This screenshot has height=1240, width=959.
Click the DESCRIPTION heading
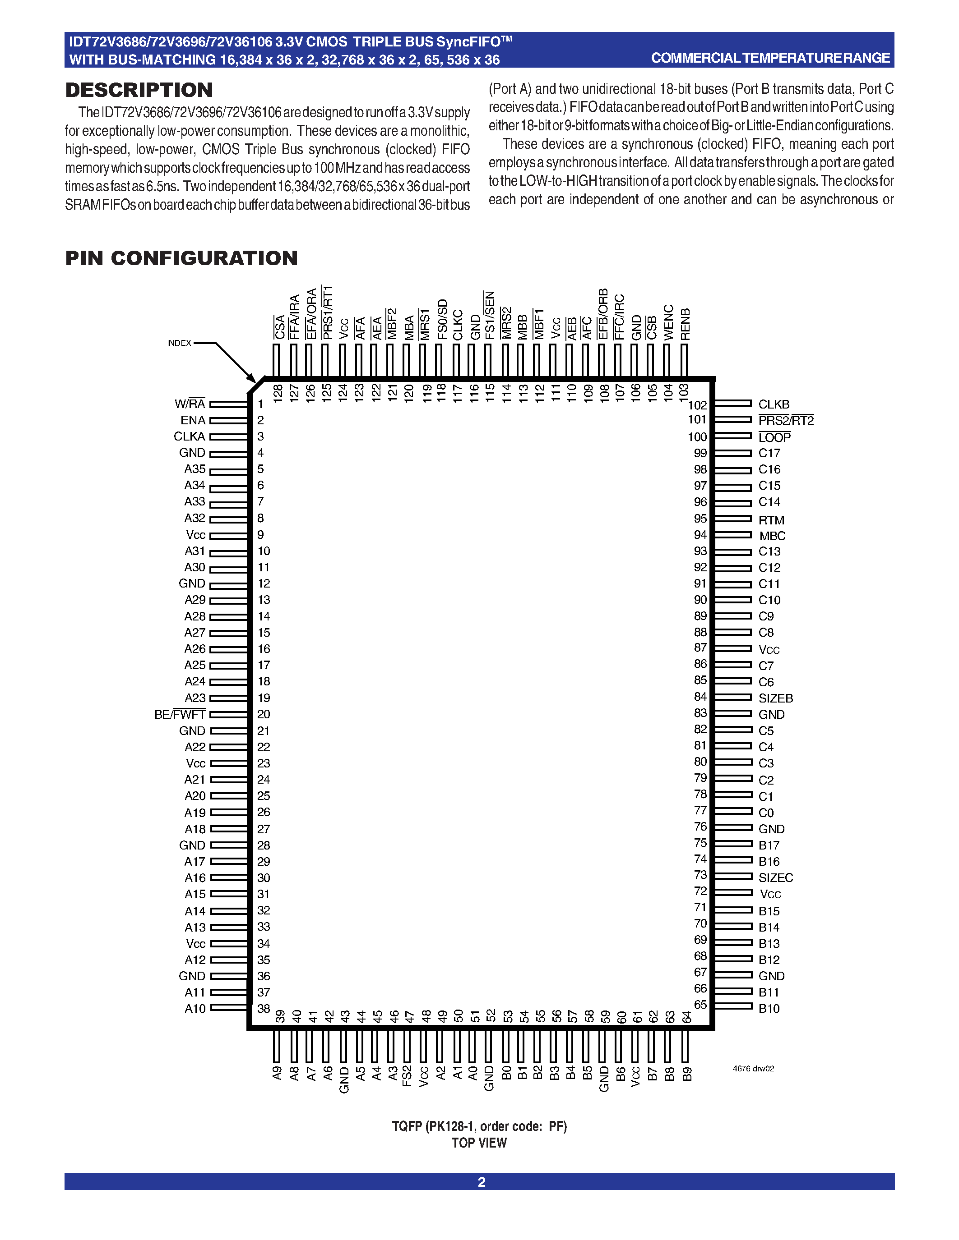[x=139, y=90]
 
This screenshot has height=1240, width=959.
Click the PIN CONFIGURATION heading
[x=181, y=258]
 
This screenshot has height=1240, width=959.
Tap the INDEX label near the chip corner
[x=179, y=343]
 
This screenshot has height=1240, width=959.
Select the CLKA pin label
[x=189, y=436]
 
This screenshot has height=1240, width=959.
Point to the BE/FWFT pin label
[x=180, y=714]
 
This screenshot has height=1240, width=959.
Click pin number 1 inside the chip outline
[x=261, y=404]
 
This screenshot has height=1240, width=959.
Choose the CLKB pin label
[x=774, y=404]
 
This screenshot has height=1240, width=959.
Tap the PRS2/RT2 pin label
[x=786, y=421]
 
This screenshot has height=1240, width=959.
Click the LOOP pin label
[x=774, y=437]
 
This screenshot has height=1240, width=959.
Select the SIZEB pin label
[x=775, y=698]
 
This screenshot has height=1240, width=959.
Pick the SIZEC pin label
[x=775, y=878]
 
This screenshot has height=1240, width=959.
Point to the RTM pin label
[x=771, y=520]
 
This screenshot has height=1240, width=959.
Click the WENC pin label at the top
[x=669, y=322]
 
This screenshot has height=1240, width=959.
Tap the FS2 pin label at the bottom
[x=407, y=1076]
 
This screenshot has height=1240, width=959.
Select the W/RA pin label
[x=190, y=404]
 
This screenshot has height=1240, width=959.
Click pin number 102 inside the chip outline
[x=697, y=405]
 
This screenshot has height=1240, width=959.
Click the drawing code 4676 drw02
[x=753, y=1069]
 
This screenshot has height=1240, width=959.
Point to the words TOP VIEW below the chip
[x=479, y=1143]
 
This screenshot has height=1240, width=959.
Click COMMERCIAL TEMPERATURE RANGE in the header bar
[x=770, y=58]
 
